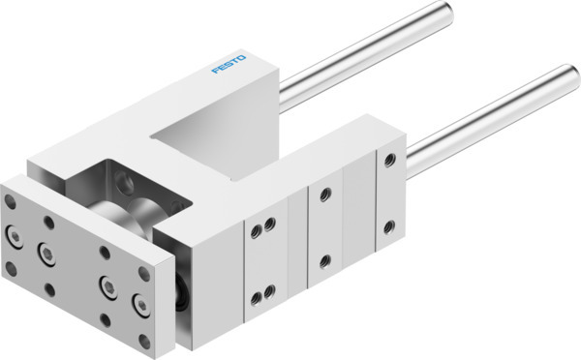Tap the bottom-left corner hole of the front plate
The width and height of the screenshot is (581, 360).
pyautogui.click(x=11, y=266)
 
